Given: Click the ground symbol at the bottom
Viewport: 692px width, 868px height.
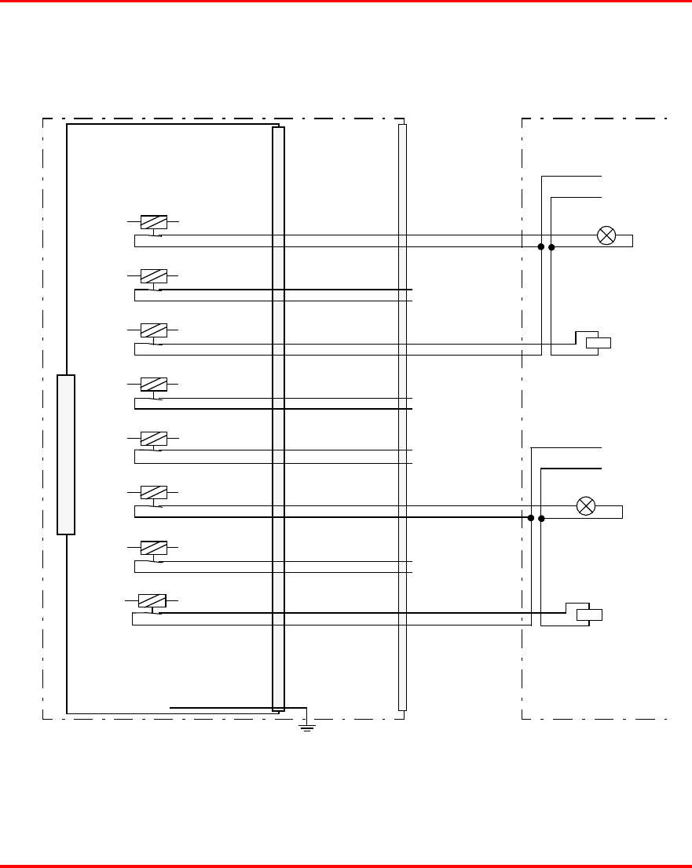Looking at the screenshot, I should click(308, 728).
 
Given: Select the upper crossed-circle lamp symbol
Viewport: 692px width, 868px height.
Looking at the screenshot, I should click(606, 235).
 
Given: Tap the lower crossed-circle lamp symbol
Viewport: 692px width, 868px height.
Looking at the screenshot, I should click(586, 506).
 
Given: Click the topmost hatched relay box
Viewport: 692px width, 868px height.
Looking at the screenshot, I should click(153, 222).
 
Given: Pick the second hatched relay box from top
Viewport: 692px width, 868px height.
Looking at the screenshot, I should click(153, 276).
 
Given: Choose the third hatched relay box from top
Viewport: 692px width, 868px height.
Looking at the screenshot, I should click(153, 330).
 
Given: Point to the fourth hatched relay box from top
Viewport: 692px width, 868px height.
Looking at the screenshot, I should click(153, 385).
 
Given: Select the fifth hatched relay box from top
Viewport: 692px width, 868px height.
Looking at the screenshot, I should click(153, 438).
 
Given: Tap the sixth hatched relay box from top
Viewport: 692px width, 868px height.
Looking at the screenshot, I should click(153, 492).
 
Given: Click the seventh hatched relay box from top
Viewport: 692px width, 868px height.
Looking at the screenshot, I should click(153, 547).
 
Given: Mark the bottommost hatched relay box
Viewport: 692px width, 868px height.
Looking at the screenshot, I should click(152, 601).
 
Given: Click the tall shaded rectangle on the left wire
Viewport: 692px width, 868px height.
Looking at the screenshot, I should click(66, 454).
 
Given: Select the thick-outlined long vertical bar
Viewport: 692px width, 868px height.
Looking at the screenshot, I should click(278, 418).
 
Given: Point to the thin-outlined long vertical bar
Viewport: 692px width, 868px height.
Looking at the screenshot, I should click(403, 417).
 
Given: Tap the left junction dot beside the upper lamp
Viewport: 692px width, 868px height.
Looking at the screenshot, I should click(541, 247).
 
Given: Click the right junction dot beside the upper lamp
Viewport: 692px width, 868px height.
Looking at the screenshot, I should click(551, 247).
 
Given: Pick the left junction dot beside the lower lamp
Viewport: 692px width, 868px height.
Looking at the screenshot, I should click(531, 518).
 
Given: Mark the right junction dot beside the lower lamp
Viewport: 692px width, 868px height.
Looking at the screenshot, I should click(541, 518).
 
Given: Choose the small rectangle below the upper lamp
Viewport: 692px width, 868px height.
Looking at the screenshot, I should click(599, 341).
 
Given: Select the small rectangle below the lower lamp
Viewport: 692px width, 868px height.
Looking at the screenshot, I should click(590, 615).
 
